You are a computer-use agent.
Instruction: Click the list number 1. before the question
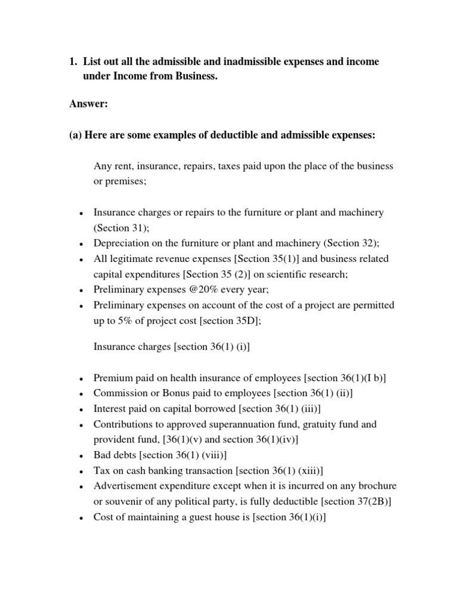(74, 62)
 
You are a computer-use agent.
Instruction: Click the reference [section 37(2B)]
(358, 502)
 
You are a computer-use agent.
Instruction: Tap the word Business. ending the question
(191, 77)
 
